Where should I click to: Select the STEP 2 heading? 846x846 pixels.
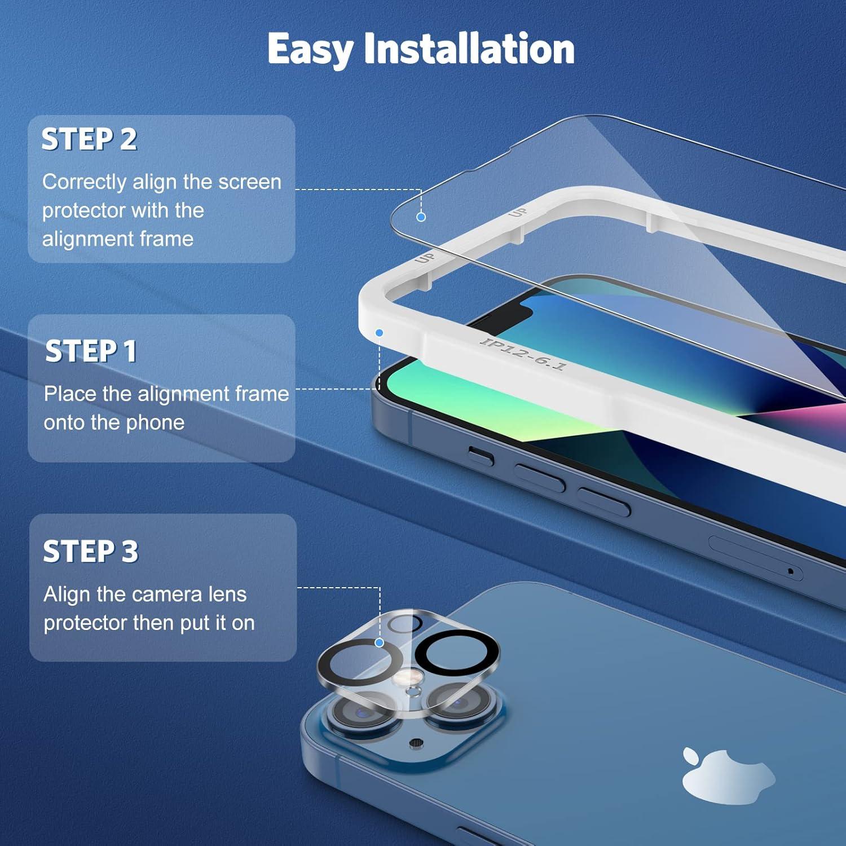coord(89,139)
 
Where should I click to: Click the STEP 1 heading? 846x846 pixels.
coord(91,351)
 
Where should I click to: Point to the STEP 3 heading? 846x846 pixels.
coord(91,552)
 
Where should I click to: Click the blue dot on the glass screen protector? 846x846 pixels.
coord(421,217)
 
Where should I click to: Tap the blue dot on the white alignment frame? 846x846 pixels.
coord(380,333)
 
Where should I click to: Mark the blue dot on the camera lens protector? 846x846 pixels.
coord(380,642)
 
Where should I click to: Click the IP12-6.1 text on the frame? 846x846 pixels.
coord(523,354)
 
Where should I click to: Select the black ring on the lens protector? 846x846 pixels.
coord(457,655)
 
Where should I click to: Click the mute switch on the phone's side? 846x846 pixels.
coord(481,455)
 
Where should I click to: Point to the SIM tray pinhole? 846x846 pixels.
coord(791,571)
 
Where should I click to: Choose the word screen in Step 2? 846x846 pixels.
coord(249,182)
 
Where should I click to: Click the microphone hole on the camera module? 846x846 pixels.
coord(416,743)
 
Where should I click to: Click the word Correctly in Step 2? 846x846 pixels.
coord(84,182)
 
